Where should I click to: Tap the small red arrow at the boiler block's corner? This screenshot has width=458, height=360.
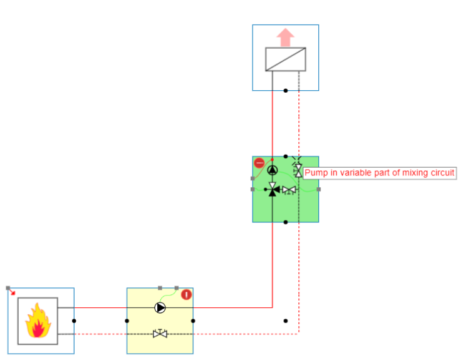12,292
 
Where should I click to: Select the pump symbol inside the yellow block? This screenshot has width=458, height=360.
160,307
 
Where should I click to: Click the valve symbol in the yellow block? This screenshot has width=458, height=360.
160,334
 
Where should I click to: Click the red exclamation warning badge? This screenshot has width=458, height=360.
186,295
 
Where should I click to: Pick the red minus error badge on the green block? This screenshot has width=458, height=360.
259,163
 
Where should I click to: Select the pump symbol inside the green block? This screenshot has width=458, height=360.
273,170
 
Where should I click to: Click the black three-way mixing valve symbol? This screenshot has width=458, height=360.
273,189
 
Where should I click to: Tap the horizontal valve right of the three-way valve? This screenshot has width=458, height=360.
289,189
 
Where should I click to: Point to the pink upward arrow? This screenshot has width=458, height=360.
285,38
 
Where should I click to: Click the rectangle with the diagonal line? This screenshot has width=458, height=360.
285,59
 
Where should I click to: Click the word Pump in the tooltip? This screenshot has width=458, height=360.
316,173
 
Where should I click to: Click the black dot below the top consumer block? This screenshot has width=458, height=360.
286,91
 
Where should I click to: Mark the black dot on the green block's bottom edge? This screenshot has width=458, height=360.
286,222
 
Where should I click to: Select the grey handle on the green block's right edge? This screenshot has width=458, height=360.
319,189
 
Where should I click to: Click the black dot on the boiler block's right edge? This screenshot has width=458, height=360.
74,321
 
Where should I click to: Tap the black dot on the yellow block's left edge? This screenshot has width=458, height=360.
127,321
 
